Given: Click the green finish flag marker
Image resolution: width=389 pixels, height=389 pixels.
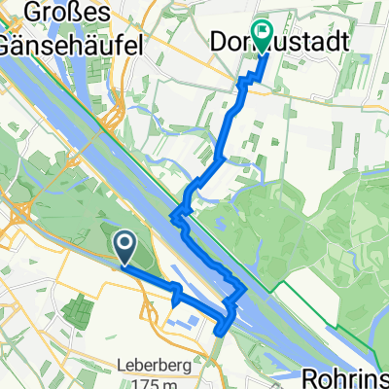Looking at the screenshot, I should click(x=262, y=34).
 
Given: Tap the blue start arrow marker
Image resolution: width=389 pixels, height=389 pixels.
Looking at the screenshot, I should click(x=125, y=243).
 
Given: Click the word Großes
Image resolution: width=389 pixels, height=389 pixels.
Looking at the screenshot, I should click(x=64, y=14).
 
